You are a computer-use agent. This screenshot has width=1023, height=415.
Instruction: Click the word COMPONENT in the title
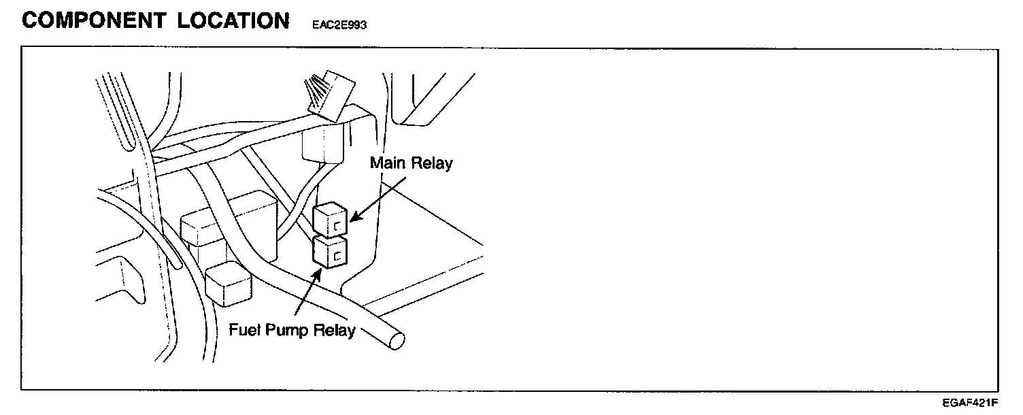pos(94,20)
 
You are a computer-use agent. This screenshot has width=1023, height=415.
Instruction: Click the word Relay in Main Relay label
pos(433,164)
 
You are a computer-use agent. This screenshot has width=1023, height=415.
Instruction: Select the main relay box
pos(331,220)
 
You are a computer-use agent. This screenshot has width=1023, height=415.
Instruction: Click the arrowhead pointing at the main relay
pos(353,218)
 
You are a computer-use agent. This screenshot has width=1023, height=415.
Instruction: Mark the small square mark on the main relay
pos(336,225)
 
